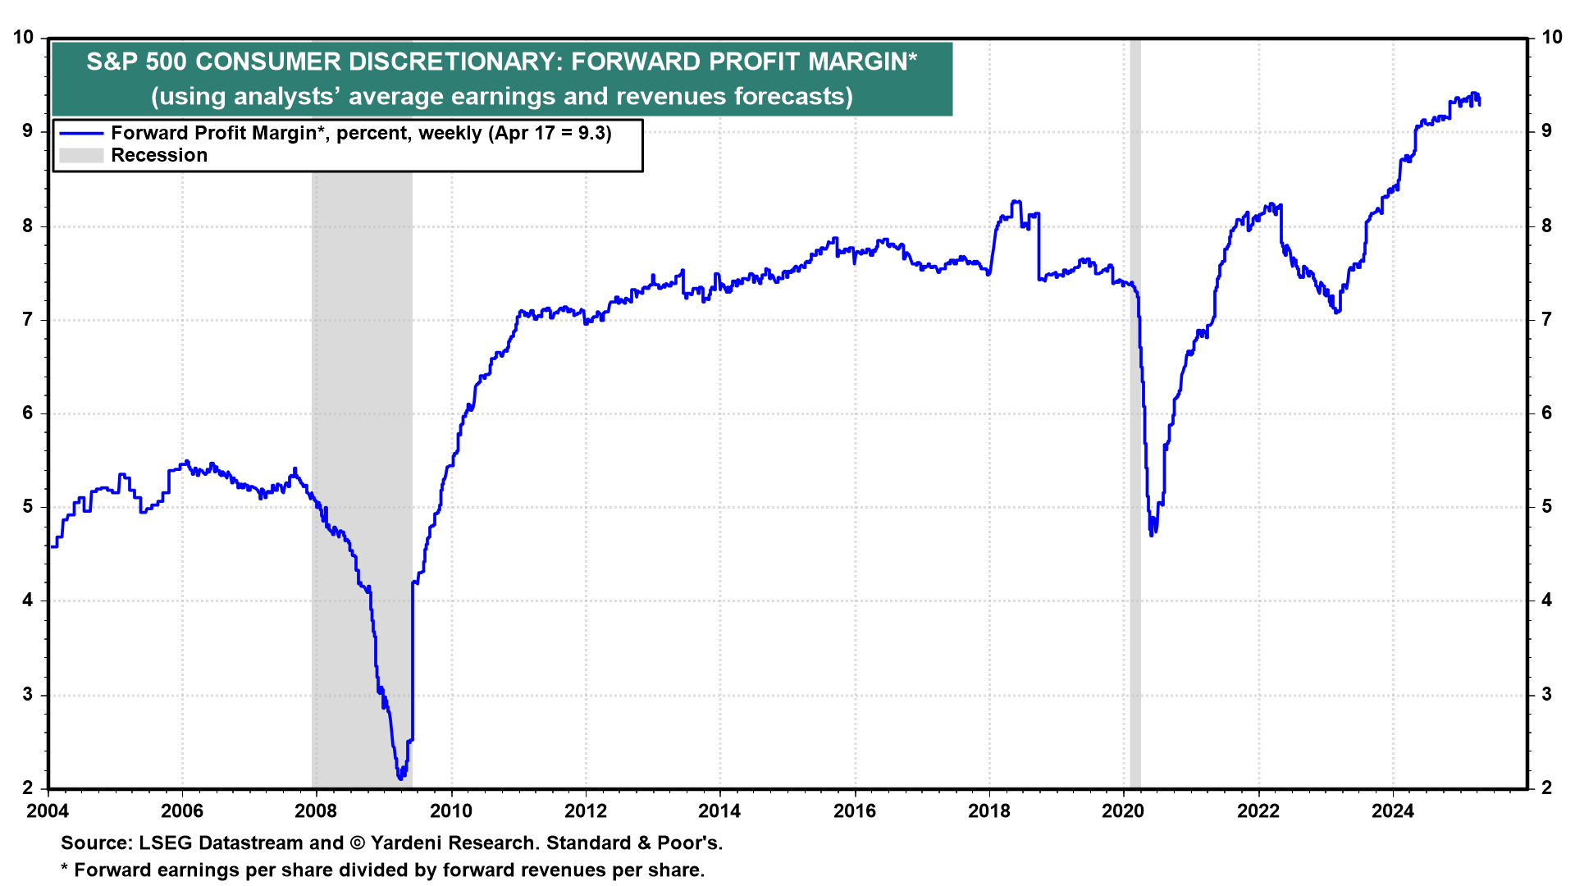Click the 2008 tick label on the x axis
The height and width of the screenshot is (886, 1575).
[x=316, y=811]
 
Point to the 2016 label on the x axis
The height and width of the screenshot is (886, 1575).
[x=855, y=811]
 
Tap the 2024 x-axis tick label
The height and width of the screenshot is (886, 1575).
[x=1393, y=811]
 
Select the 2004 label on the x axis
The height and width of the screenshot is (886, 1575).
[x=48, y=811]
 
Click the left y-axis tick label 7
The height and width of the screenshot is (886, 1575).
[x=29, y=320]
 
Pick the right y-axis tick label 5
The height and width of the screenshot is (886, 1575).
[x=1547, y=507]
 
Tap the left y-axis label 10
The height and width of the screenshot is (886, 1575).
[x=24, y=38]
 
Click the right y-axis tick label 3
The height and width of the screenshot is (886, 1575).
[x=1547, y=695]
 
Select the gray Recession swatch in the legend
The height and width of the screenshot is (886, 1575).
[x=81, y=156]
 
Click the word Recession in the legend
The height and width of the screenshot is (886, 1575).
[x=159, y=156]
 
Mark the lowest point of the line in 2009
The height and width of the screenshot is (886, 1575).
[x=399, y=779]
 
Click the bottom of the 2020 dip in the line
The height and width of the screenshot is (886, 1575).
[x=1153, y=535]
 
